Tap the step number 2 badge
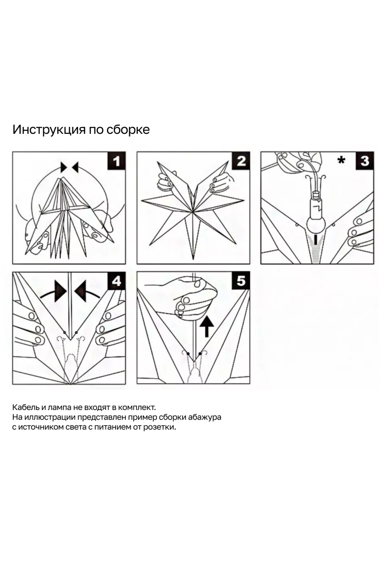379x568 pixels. (x=241, y=161)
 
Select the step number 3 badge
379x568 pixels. (x=364, y=161)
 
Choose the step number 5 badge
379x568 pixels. (x=241, y=281)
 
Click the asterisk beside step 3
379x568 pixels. (x=341, y=161)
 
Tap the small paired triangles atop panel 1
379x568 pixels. (x=69, y=167)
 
